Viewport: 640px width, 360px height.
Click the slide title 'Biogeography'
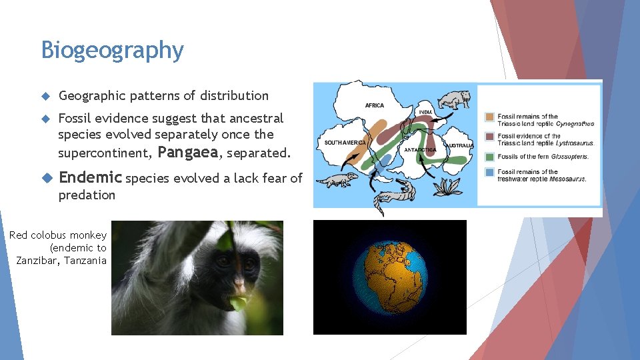pos(112,50)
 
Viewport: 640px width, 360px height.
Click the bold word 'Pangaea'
pos(188,153)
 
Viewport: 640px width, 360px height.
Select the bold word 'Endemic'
pos(91,178)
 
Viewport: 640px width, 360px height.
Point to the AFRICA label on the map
pos(374,105)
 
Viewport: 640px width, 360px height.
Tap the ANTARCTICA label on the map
pos(420,150)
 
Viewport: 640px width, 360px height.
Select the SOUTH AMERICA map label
pos(345,143)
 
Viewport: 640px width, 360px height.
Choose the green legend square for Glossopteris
pos(490,157)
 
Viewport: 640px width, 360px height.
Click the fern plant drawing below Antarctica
pos(448,187)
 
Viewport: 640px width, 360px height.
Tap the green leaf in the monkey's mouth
pos(238,303)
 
